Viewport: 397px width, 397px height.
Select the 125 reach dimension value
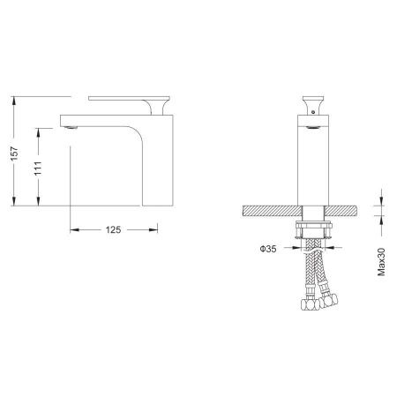(113, 229)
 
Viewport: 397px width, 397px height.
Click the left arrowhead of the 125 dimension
(72, 229)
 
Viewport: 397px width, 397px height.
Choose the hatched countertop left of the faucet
(269, 212)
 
